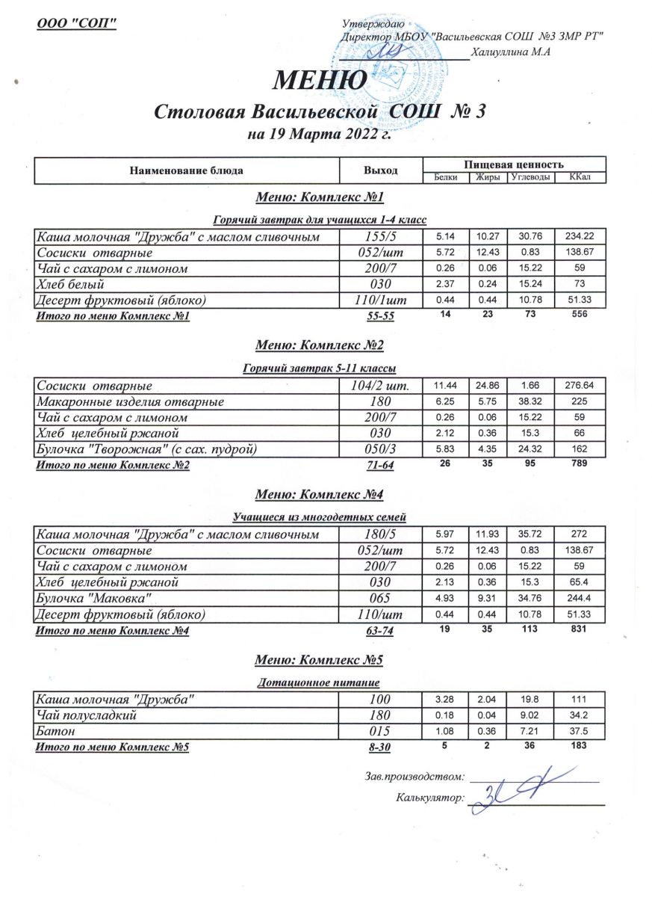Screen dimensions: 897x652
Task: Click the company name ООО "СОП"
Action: pyautogui.click(x=77, y=24)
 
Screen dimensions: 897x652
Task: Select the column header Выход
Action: pyautogui.click(x=381, y=170)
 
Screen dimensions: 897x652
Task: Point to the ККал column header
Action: pyautogui.click(x=580, y=177)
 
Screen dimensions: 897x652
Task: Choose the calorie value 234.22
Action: pyautogui.click(x=580, y=237)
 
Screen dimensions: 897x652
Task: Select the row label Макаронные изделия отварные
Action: pyautogui.click(x=130, y=401)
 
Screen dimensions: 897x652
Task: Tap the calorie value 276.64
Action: pyautogui.click(x=580, y=386)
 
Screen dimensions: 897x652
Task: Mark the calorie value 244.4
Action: pyautogui.click(x=580, y=599)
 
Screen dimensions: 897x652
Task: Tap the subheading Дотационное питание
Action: pyautogui.click(x=320, y=683)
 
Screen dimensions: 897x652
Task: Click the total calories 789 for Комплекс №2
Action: pyautogui.click(x=580, y=464)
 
